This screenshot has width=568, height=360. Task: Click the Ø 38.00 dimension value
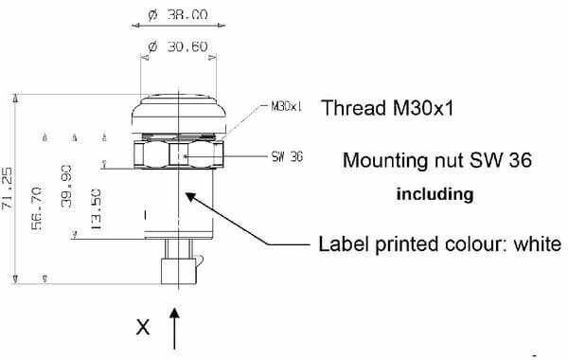[178, 15]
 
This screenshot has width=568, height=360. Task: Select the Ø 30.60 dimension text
[178, 46]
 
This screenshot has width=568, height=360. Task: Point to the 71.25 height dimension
[8, 189]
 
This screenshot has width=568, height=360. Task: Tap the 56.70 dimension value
[37, 208]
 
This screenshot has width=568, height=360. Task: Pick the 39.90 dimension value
[66, 186]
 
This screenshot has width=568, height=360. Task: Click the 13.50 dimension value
[96, 208]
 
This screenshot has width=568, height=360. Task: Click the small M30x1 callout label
[286, 106]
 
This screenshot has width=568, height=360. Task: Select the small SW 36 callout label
[287, 156]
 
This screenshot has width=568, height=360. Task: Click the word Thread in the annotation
[354, 108]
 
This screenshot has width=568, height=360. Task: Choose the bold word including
[435, 194]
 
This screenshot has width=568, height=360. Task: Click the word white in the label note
[537, 243]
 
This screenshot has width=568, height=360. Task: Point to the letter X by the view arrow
[143, 327]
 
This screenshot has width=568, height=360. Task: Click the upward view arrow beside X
[174, 329]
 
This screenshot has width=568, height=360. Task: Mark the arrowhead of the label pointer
[190, 198]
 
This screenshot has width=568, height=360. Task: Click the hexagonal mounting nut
[178, 154]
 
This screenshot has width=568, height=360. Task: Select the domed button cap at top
[179, 113]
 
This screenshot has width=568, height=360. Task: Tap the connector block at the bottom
[179, 271]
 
